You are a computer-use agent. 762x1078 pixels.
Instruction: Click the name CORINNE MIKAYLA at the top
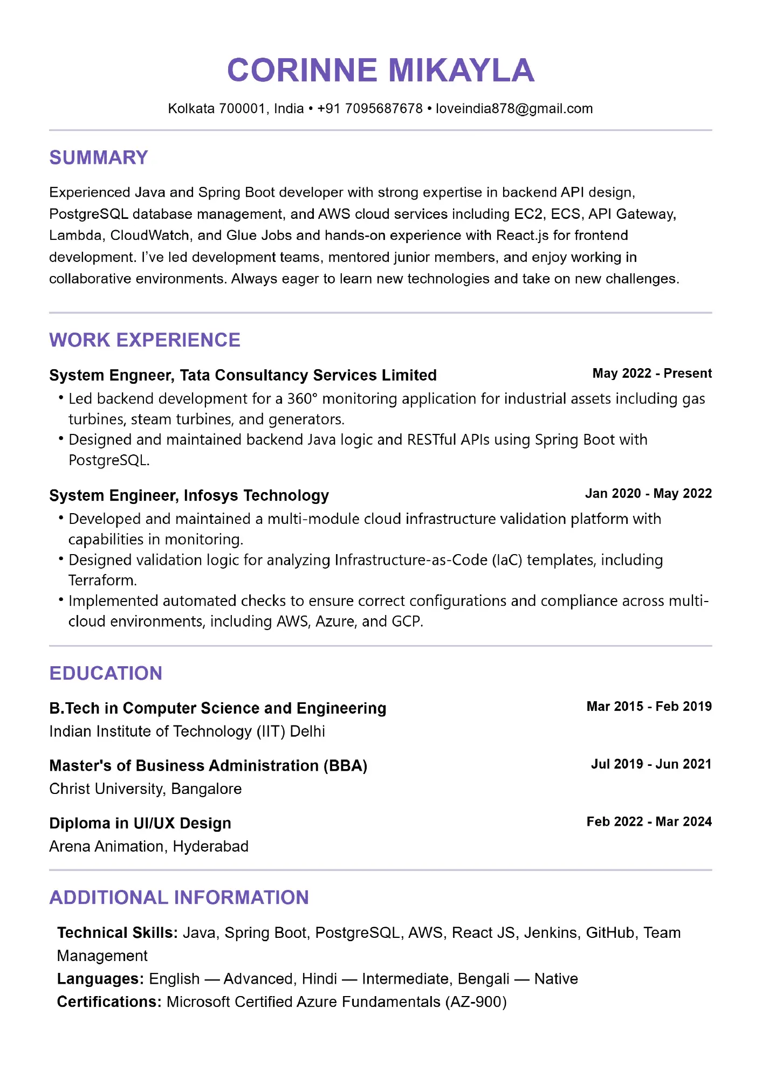point(381,70)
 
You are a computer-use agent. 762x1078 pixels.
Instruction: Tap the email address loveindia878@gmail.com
point(514,109)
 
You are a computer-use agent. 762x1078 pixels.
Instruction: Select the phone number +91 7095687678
point(370,109)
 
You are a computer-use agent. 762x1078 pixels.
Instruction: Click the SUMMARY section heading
point(99,157)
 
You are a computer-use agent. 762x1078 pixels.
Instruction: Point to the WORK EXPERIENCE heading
point(145,340)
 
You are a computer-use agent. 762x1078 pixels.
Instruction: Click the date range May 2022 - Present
point(651,374)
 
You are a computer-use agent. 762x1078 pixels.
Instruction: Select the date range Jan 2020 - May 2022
point(648,494)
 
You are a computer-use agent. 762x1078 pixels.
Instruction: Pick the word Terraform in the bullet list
point(102,581)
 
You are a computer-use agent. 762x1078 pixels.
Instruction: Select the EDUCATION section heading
point(106,673)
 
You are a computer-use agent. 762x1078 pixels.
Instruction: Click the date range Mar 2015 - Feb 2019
point(649,707)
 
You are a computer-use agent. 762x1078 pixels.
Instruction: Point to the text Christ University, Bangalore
point(145,789)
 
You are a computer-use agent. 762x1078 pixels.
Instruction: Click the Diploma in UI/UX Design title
point(140,824)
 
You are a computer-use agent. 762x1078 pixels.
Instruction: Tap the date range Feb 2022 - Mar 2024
point(649,822)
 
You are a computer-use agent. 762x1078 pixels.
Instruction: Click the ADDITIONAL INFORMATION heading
point(179,897)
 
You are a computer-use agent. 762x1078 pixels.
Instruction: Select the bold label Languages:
point(100,979)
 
